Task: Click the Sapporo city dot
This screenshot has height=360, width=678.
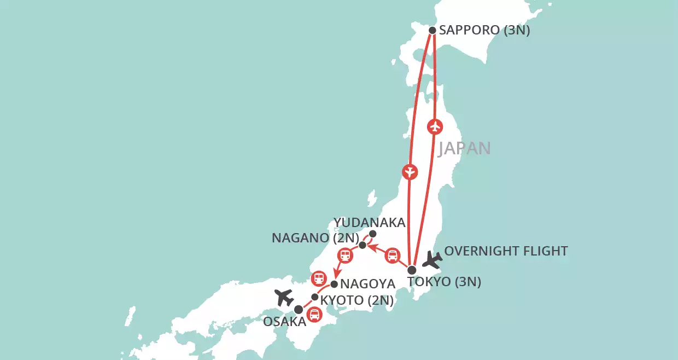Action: [x=432, y=31]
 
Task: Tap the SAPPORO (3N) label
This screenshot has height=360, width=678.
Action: [x=485, y=31]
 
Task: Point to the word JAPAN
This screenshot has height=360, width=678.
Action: [x=464, y=148]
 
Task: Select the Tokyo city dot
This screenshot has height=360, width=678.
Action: [x=412, y=269]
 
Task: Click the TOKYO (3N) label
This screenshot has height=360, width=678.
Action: [x=444, y=282]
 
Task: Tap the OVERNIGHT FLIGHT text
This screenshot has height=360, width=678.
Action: [x=506, y=251]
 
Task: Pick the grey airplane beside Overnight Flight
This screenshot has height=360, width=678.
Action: [x=432, y=260]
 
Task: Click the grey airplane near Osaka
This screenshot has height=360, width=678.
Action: [x=284, y=297]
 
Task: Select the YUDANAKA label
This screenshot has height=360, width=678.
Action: [x=370, y=222]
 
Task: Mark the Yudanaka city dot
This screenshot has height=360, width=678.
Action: [x=373, y=234]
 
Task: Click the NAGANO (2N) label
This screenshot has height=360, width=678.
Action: [x=315, y=239]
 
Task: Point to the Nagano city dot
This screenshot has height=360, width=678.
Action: [x=362, y=245]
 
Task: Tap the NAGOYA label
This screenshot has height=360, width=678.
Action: [x=367, y=284]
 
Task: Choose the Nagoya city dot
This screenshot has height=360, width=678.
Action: [x=334, y=284]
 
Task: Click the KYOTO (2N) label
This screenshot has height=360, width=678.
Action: [x=356, y=300]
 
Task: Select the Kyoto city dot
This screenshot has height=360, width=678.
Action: [x=314, y=297]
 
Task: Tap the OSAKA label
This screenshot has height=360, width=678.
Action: [x=284, y=322]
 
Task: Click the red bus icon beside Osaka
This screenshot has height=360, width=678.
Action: [x=314, y=314]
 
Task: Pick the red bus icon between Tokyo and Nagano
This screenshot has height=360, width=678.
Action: [x=393, y=255]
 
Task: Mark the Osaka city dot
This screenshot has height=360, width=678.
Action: [x=299, y=310]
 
